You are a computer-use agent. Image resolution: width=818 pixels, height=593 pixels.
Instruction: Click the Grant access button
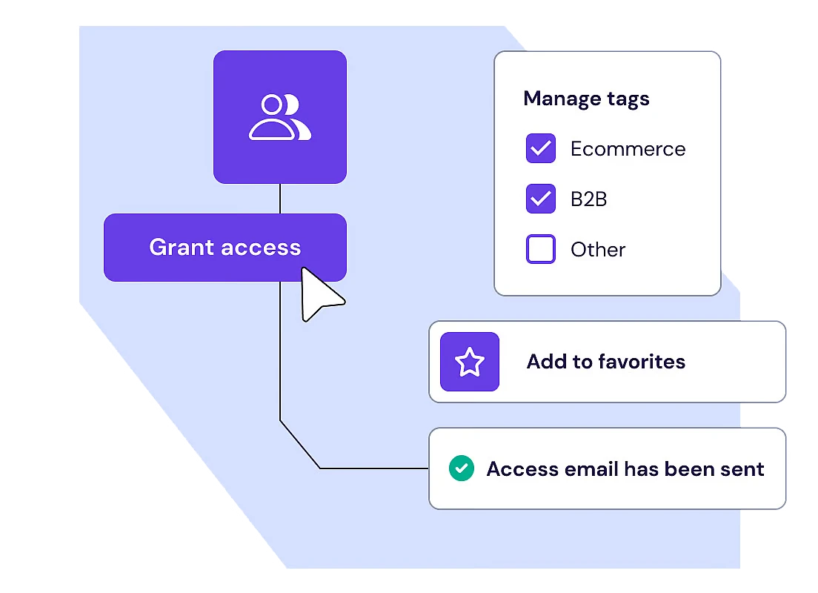pyautogui.click(x=225, y=248)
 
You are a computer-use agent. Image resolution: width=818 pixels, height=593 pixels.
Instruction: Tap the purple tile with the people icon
pyautogui.click(x=280, y=117)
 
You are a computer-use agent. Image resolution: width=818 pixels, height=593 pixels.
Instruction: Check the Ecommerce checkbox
pyautogui.click(x=541, y=149)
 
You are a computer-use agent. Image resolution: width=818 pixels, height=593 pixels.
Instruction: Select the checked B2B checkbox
pyautogui.click(x=541, y=199)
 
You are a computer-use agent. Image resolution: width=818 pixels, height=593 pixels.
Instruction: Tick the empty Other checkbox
pyautogui.click(x=541, y=249)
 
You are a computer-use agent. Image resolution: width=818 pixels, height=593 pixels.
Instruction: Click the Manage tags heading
pyautogui.click(x=586, y=99)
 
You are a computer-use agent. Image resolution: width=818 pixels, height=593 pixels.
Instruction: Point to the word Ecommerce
pyautogui.click(x=628, y=149)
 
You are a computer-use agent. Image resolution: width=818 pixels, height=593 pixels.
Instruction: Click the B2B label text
pyautogui.click(x=589, y=199)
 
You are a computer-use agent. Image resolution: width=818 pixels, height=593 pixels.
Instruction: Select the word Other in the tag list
pyautogui.click(x=598, y=249)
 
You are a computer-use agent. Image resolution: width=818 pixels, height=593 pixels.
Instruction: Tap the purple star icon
pyautogui.click(x=470, y=362)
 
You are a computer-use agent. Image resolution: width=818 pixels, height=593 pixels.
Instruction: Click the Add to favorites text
pyautogui.click(x=605, y=362)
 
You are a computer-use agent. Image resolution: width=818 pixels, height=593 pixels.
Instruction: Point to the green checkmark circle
pyautogui.click(x=462, y=468)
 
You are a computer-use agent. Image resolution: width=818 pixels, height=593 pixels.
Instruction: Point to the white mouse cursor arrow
pyautogui.click(x=319, y=296)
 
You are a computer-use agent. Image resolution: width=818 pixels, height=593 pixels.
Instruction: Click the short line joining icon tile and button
pyautogui.click(x=280, y=199)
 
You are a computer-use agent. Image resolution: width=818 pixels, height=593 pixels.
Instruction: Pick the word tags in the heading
pyautogui.click(x=627, y=99)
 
